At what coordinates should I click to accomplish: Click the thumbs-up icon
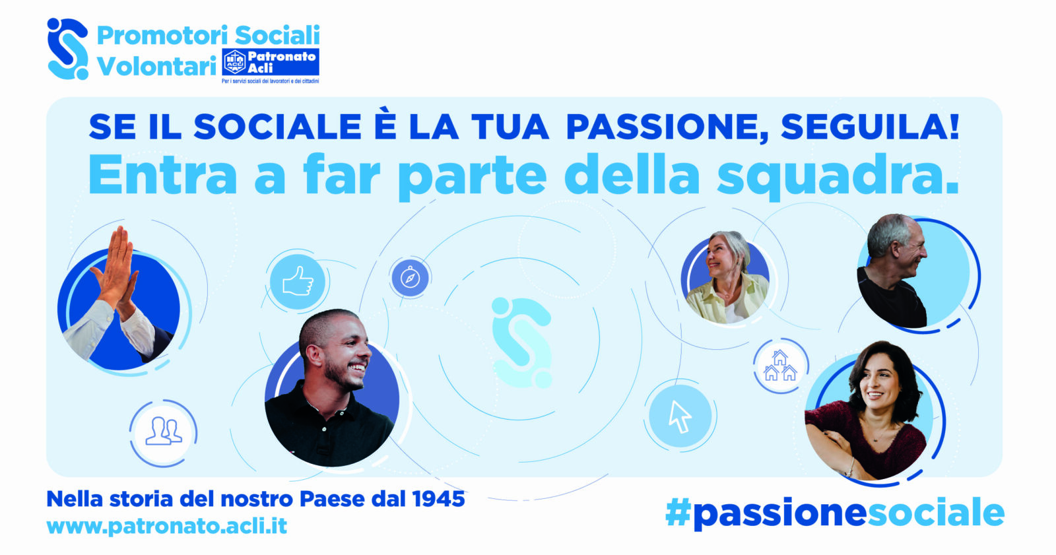coord(298,282)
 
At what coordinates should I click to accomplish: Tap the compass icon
coord(410,278)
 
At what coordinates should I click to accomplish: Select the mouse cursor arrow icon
coord(680,416)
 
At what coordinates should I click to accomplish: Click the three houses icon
coord(779,366)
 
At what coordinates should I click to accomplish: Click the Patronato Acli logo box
coord(271,62)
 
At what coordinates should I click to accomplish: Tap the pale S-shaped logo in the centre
coord(521,343)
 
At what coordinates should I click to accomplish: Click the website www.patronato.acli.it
coord(167,526)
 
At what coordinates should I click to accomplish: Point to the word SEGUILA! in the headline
coord(870,127)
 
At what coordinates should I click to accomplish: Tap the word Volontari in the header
coord(156,66)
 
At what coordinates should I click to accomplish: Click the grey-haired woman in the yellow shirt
coord(727,278)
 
